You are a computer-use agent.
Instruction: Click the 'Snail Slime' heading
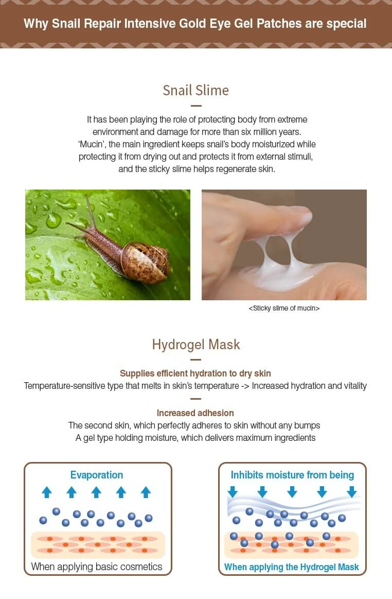(196, 91)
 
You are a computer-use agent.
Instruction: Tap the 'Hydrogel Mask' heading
(196, 345)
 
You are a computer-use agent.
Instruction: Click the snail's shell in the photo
(146, 262)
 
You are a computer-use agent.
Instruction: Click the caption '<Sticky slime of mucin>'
(284, 309)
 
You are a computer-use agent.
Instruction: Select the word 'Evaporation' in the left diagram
(97, 475)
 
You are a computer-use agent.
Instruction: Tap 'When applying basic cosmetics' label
(97, 567)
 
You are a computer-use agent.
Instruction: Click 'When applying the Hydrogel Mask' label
(292, 567)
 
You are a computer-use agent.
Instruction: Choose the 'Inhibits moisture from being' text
(292, 475)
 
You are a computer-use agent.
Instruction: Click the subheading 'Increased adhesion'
(195, 413)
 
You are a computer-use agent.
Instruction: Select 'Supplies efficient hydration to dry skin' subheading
(195, 373)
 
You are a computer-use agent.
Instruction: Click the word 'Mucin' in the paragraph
(91, 144)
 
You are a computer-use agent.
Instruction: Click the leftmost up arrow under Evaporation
(47, 492)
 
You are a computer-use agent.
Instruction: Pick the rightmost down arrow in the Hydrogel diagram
(352, 492)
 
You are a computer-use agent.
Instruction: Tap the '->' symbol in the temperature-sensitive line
(245, 386)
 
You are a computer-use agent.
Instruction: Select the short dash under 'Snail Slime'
(196, 106)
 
